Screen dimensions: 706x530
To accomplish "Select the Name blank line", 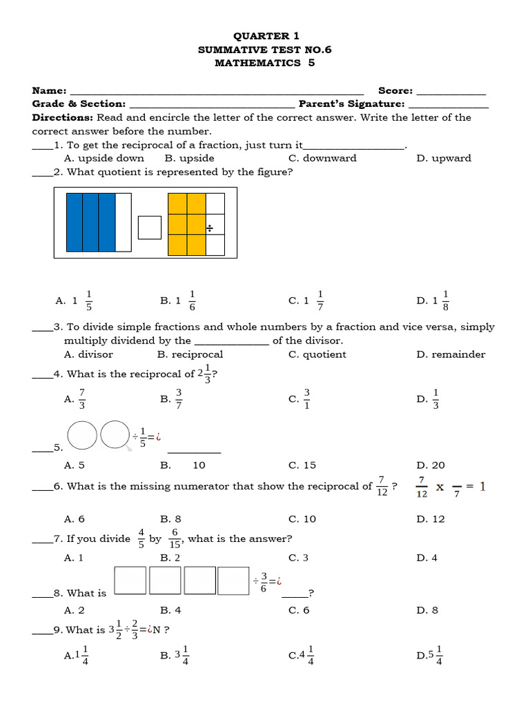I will pos(217,92).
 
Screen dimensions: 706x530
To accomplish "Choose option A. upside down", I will pos(104,158).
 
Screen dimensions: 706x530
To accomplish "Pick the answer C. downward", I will pos(322,158).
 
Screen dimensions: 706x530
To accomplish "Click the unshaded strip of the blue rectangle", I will pos(123,222).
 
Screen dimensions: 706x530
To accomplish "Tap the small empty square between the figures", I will pos(149,228).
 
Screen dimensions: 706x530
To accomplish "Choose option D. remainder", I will pos(451,354).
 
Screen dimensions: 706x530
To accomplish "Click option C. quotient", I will pos(317,354).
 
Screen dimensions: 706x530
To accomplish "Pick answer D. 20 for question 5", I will pos(431,465).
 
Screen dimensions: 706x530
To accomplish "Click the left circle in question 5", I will pos(82,435).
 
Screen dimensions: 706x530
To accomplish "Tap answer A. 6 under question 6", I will pos(74,519).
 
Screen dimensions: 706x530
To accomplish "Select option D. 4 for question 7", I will pos(427,558).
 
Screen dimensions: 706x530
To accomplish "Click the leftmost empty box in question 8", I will pos(130,580).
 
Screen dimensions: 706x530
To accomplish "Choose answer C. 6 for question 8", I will pos(299,610).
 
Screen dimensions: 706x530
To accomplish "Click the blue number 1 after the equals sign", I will pos(482,487).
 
